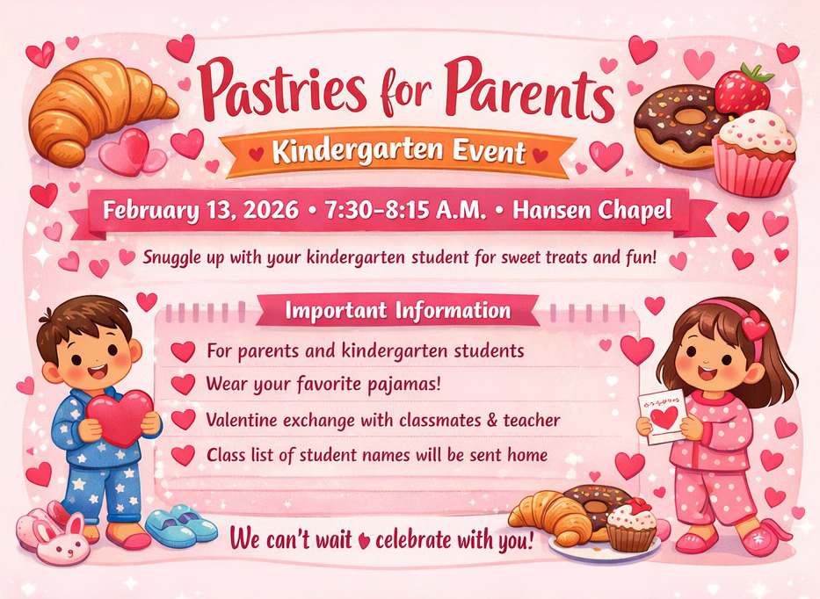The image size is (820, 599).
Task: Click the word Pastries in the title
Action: (x=282, y=88)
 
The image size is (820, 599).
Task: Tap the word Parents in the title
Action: (x=529, y=89)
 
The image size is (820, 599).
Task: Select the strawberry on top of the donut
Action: (x=744, y=89)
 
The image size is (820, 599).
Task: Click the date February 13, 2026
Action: (x=200, y=210)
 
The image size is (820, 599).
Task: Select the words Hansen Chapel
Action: (x=592, y=210)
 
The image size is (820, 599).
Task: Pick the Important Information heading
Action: (x=398, y=310)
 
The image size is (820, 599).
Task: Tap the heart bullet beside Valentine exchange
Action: (x=183, y=420)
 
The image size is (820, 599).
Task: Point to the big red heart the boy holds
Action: (x=120, y=417)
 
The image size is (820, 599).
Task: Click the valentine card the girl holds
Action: (x=662, y=416)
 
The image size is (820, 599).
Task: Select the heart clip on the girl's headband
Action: (x=755, y=326)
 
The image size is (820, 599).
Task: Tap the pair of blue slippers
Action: (x=181, y=525)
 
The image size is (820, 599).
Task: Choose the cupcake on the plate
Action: (x=631, y=525)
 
